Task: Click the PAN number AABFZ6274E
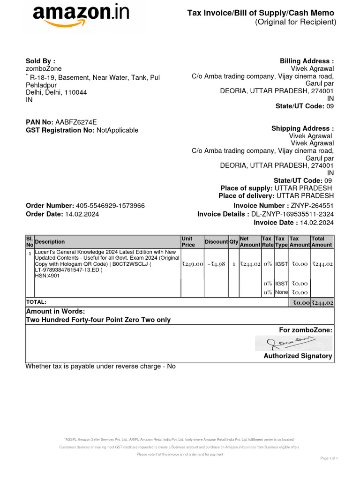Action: pyautogui.click(x=76, y=122)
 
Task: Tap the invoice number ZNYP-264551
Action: pyautogui.click(x=312, y=206)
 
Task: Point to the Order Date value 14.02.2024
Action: pyautogui.click(x=82, y=214)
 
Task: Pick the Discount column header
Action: pyautogui.click(x=216, y=241)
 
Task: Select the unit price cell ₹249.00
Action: pyautogui.click(x=192, y=264)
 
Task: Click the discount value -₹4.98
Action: pyautogui.click(x=216, y=264)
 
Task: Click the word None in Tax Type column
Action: pyautogui.click(x=281, y=292)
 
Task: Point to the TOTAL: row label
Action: pyautogui.click(x=36, y=302)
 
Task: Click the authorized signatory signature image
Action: pyautogui.click(x=293, y=343)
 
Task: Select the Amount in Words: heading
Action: pyautogui.click(x=55, y=311)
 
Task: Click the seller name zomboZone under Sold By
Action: pyautogui.click(x=44, y=69)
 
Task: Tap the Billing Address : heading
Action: pyautogui.click(x=307, y=61)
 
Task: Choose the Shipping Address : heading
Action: pyautogui.click(x=303, y=128)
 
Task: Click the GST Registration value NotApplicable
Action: pyautogui.click(x=117, y=130)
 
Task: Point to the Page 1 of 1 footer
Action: pyautogui.click(x=329, y=458)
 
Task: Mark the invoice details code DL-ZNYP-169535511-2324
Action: pyautogui.click(x=292, y=214)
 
